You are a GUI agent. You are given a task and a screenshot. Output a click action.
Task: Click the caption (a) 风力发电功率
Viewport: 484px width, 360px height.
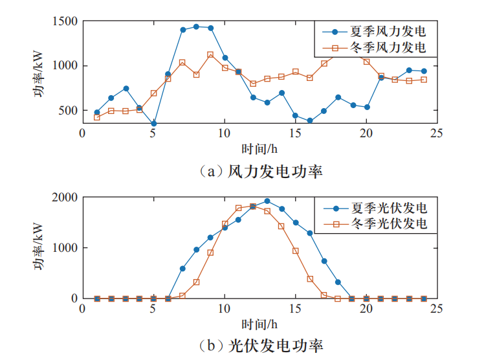pos(259,172)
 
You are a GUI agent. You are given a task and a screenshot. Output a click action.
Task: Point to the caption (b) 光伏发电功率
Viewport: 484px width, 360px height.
pos(259,345)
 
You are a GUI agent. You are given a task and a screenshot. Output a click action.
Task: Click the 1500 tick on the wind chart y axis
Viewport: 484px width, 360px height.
pos(65,21)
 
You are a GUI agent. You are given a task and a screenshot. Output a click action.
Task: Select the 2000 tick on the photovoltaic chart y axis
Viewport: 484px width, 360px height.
pos(65,197)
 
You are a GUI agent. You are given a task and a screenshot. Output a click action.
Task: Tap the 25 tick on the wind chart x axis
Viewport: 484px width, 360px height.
pos(437,133)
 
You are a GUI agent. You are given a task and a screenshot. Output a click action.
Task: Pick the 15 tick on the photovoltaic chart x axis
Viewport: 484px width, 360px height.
pos(295,309)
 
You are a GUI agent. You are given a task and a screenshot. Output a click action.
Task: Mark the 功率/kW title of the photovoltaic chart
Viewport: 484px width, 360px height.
pos(40,248)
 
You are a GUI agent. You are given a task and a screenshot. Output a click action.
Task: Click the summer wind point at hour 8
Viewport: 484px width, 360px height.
pos(196,27)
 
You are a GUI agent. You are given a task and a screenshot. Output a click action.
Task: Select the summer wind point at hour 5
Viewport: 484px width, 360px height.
pos(153,123)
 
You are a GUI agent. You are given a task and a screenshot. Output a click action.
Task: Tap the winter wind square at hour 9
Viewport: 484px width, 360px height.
pos(210,55)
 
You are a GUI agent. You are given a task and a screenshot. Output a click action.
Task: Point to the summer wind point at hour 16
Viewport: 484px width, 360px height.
pos(310,120)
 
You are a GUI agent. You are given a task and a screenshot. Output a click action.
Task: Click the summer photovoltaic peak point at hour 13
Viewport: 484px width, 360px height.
pos(267,201)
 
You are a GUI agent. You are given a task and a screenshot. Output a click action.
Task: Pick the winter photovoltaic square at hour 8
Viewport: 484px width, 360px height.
pos(196,282)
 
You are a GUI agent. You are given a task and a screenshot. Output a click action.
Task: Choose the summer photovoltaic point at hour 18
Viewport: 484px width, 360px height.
pos(338,282)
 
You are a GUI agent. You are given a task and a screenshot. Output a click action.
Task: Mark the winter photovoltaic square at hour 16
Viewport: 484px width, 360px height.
pos(310,278)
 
